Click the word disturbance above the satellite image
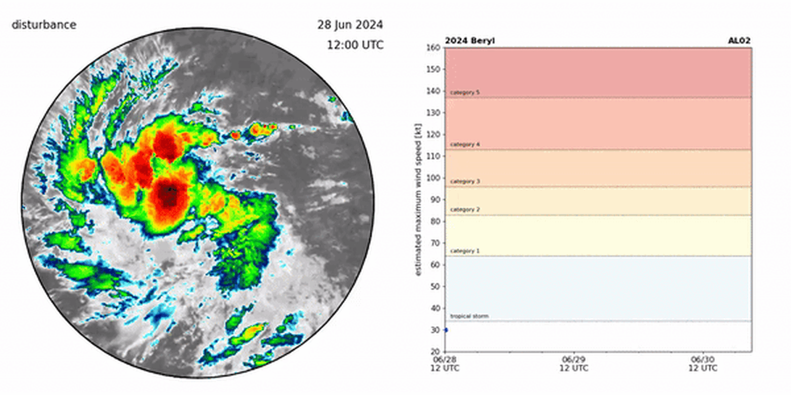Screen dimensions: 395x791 pyautogui.click(x=44, y=25)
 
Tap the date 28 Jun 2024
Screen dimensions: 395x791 pyautogui.click(x=349, y=25)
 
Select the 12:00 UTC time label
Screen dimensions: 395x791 pyautogui.click(x=355, y=45)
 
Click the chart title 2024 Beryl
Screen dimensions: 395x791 pyautogui.click(x=469, y=41)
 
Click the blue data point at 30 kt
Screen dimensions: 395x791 pyautogui.click(x=446, y=330)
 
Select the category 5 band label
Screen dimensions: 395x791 pyautogui.click(x=465, y=92)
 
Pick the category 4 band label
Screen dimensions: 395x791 pyautogui.click(x=465, y=145)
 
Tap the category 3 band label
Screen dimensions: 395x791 pyautogui.click(x=465, y=182)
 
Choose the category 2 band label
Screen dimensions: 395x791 pyautogui.click(x=465, y=209)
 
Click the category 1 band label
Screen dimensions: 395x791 pyautogui.click(x=465, y=251)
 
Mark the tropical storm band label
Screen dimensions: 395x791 pyautogui.click(x=469, y=316)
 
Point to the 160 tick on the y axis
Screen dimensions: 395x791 pyautogui.click(x=434, y=48)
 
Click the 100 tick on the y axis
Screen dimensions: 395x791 pyautogui.click(x=434, y=178)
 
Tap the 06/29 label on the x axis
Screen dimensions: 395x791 pyautogui.click(x=574, y=360)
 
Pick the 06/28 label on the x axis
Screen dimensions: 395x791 pyautogui.click(x=445, y=360)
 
